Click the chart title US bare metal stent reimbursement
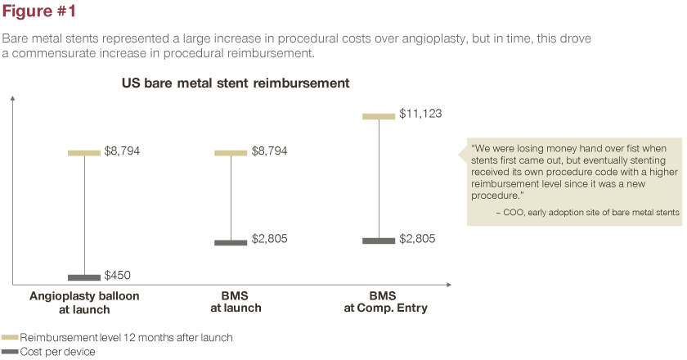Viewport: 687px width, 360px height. point(236,83)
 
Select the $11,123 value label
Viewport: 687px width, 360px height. point(421,114)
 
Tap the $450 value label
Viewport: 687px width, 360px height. point(118,275)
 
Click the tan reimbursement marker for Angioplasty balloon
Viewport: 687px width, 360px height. point(83,152)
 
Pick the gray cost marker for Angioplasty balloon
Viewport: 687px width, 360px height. point(83,277)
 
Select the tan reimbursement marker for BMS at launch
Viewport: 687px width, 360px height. point(230,152)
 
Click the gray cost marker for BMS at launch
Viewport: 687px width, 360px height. point(230,241)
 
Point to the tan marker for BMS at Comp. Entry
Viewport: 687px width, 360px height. point(379,116)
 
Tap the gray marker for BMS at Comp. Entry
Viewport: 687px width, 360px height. point(379,240)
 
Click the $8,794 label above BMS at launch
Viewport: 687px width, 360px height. point(270,151)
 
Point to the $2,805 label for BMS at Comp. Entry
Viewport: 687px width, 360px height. point(417,239)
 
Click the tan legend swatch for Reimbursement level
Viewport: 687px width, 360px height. point(10,337)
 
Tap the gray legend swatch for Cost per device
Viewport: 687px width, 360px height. point(10,350)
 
